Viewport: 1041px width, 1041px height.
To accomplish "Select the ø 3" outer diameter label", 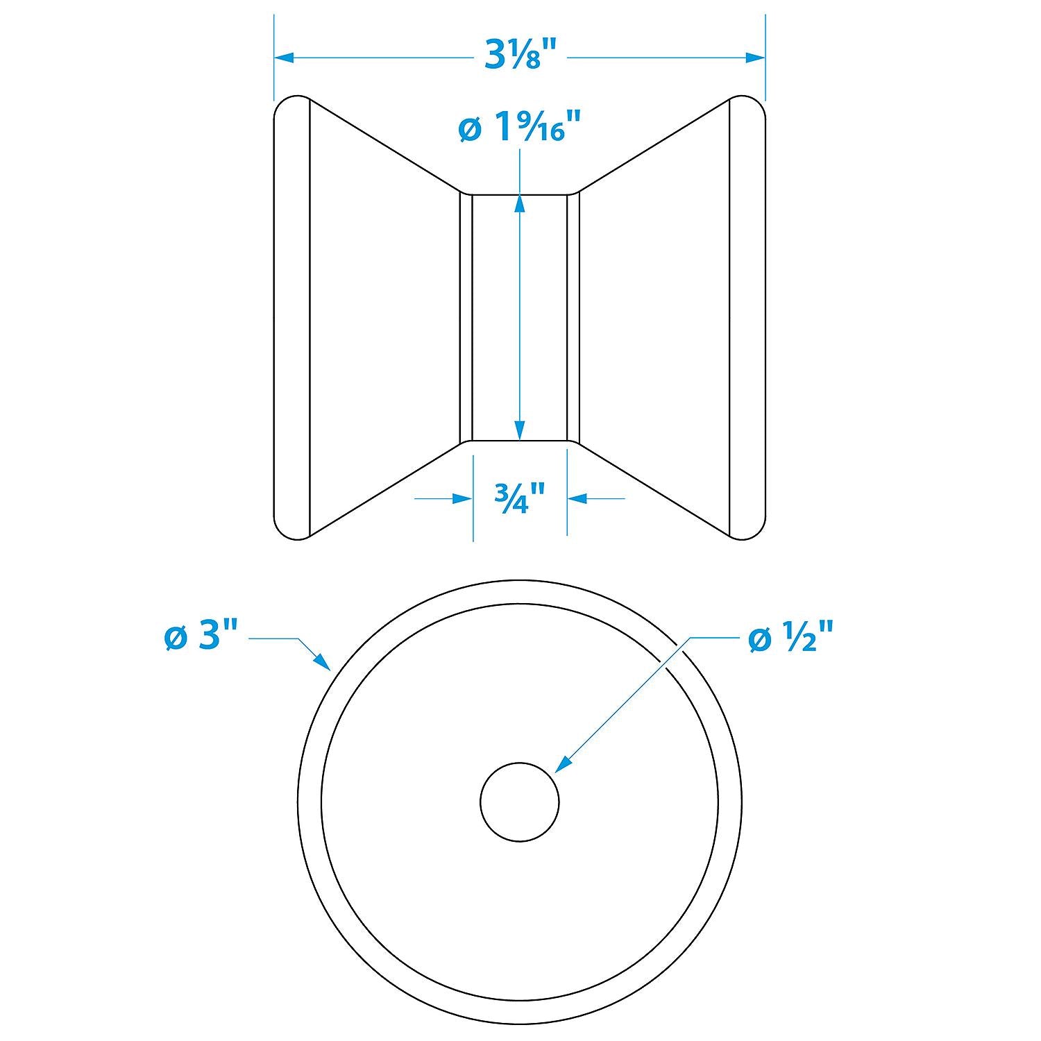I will point(201,636).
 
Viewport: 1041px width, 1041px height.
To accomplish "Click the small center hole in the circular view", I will point(520,801).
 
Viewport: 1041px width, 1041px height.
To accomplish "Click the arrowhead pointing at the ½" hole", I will point(564,763).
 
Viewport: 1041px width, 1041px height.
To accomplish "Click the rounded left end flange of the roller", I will point(291,317).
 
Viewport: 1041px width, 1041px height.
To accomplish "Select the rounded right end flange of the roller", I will point(748,317).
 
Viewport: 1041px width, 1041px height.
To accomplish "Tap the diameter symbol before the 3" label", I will point(176,638).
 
